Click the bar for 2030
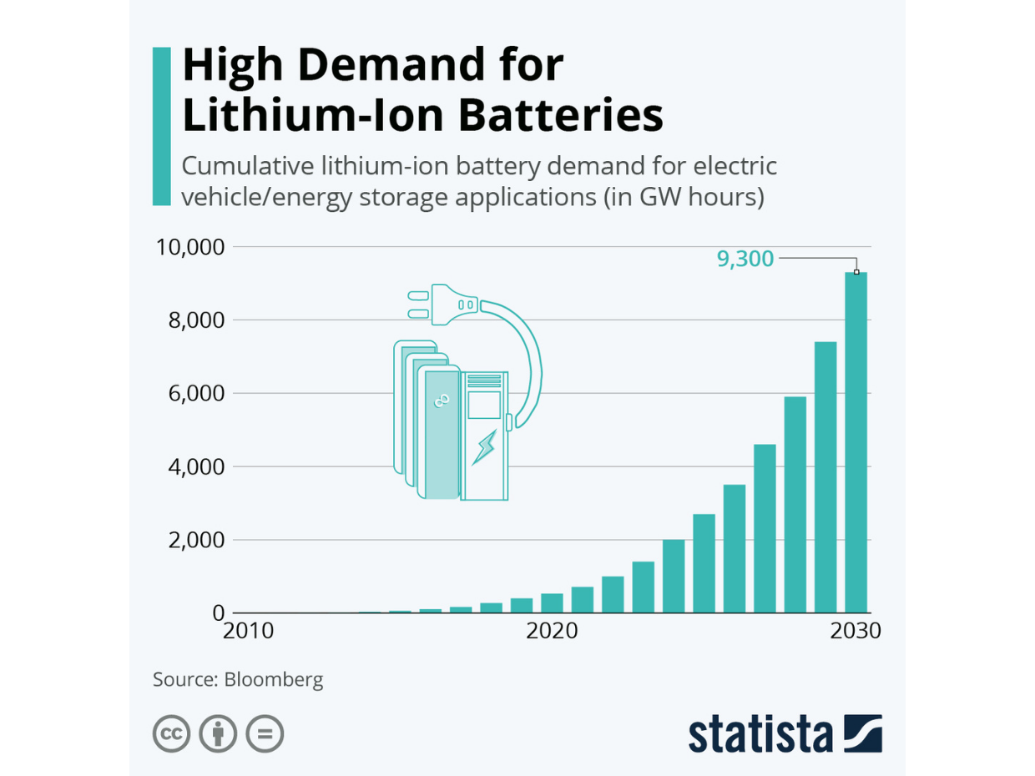tap(856, 442)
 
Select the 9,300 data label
tap(745, 259)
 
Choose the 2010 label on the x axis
tap(249, 631)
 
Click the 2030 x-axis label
tap(856, 631)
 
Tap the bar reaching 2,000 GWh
tap(674, 576)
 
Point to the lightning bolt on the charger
tap(484, 447)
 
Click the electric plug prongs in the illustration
tap(417, 305)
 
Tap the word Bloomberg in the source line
tap(274, 679)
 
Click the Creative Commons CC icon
tap(172, 734)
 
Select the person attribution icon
tap(219, 734)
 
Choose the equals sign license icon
tap(265, 734)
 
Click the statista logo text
tap(760, 734)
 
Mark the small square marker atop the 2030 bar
tap(856, 272)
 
